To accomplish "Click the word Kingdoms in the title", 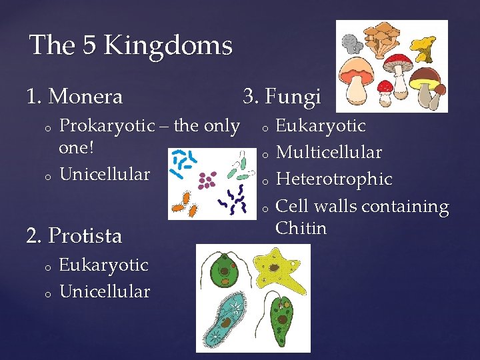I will [x=168, y=46].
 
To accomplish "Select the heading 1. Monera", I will [x=75, y=97].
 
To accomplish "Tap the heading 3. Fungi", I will [x=282, y=97].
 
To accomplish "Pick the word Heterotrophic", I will [x=334, y=179].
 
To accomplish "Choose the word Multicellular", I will [x=329, y=153].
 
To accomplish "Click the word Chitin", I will [x=301, y=228].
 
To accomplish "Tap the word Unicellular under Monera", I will [x=105, y=174].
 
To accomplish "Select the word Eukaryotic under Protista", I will [x=103, y=265].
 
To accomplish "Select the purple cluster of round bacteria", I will [x=207, y=180].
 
